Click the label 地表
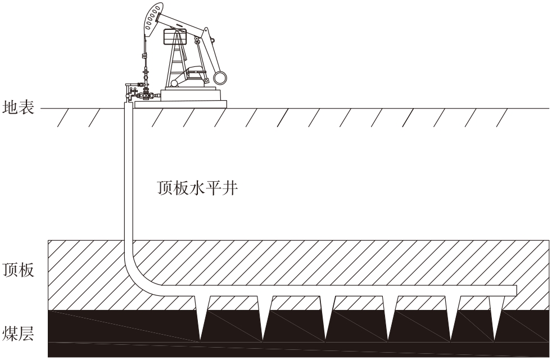click(19, 107)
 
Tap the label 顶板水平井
click(197, 188)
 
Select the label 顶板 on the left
click(19, 270)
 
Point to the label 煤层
click(19, 333)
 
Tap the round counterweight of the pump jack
click(220, 78)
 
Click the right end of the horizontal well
click(516, 291)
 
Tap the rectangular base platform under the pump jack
click(180, 104)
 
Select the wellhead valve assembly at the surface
click(139, 92)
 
